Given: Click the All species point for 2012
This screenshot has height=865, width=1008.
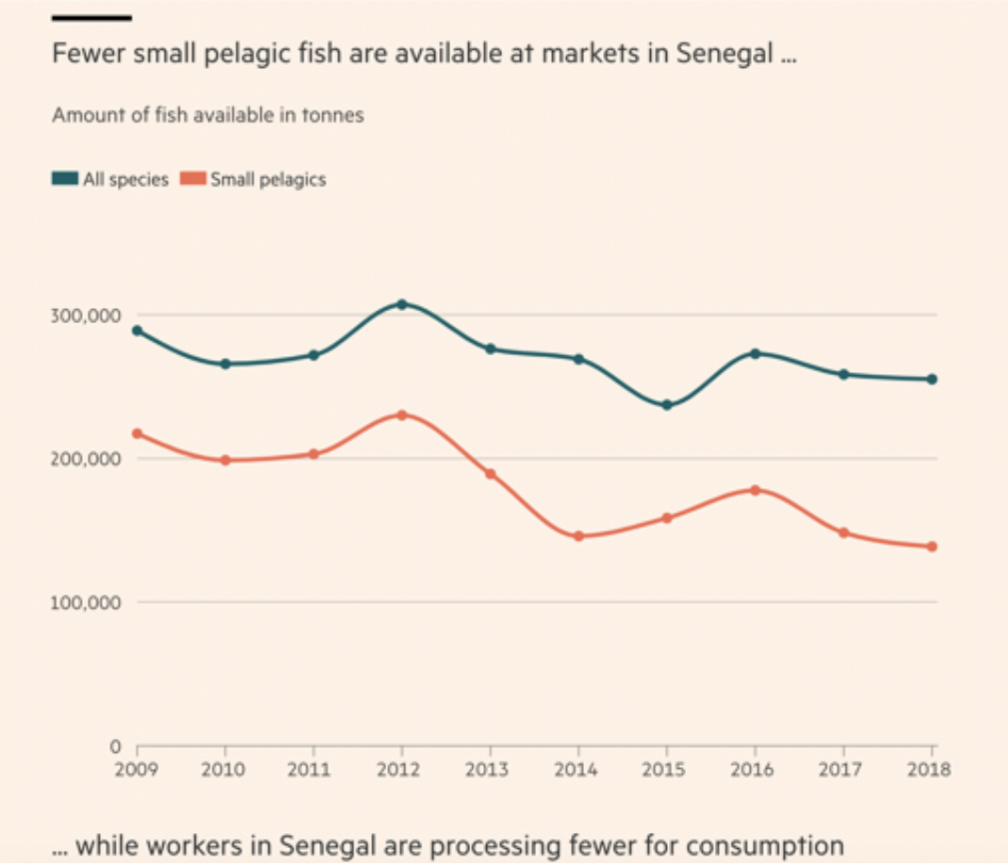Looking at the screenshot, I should tap(401, 304).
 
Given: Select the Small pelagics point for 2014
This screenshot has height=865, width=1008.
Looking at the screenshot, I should tap(578, 536).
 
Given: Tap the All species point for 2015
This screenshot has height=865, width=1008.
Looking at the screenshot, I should tap(667, 405).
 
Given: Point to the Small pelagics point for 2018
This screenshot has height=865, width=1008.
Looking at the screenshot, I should tap(932, 547).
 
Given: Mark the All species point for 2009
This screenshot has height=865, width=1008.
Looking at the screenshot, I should tap(137, 331).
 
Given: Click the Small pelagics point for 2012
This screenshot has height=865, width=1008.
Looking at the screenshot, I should tap(401, 415).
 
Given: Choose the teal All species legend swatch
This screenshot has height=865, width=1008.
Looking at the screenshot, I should tap(65, 179).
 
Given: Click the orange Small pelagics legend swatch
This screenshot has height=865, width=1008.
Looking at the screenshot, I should tap(193, 179).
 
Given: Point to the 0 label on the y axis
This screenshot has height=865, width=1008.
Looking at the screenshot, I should tap(116, 746).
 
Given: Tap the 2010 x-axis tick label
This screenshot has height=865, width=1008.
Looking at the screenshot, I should tap(224, 769).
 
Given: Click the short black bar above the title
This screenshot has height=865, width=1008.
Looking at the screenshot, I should tap(91, 17).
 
